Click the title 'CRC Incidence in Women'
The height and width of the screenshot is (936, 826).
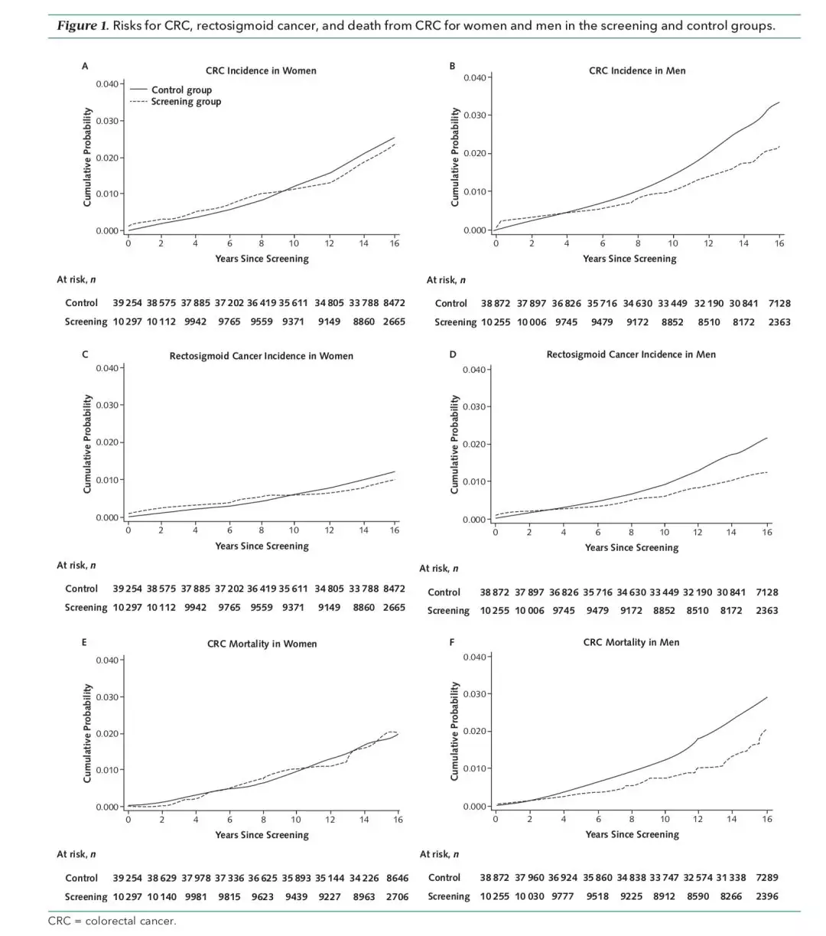(x=261, y=70)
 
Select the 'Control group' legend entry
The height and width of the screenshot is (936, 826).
(x=181, y=90)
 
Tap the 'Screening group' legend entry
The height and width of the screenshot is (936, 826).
(x=186, y=102)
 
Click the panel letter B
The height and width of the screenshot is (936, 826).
(x=452, y=66)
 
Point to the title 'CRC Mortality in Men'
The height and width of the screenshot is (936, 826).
(x=631, y=642)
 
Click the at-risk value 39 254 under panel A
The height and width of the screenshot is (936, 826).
(x=128, y=303)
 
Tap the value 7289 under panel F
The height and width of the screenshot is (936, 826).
(x=766, y=877)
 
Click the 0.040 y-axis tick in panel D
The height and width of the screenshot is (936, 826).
(x=474, y=370)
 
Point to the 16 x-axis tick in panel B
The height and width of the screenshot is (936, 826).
(x=779, y=243)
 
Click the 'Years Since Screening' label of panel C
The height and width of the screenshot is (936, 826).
(x=262, y=546)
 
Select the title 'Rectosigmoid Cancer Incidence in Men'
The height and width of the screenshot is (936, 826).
(x=631, y=354)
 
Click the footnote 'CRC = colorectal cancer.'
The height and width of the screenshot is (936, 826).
(x=112, y=921)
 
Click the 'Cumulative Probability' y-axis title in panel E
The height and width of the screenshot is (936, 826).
(x=88, y=732)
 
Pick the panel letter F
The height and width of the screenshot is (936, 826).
(x=452, y=642)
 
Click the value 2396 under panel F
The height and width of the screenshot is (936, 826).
(x=766, y=896)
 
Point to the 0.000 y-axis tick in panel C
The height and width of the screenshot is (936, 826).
(x=107, y=518)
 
